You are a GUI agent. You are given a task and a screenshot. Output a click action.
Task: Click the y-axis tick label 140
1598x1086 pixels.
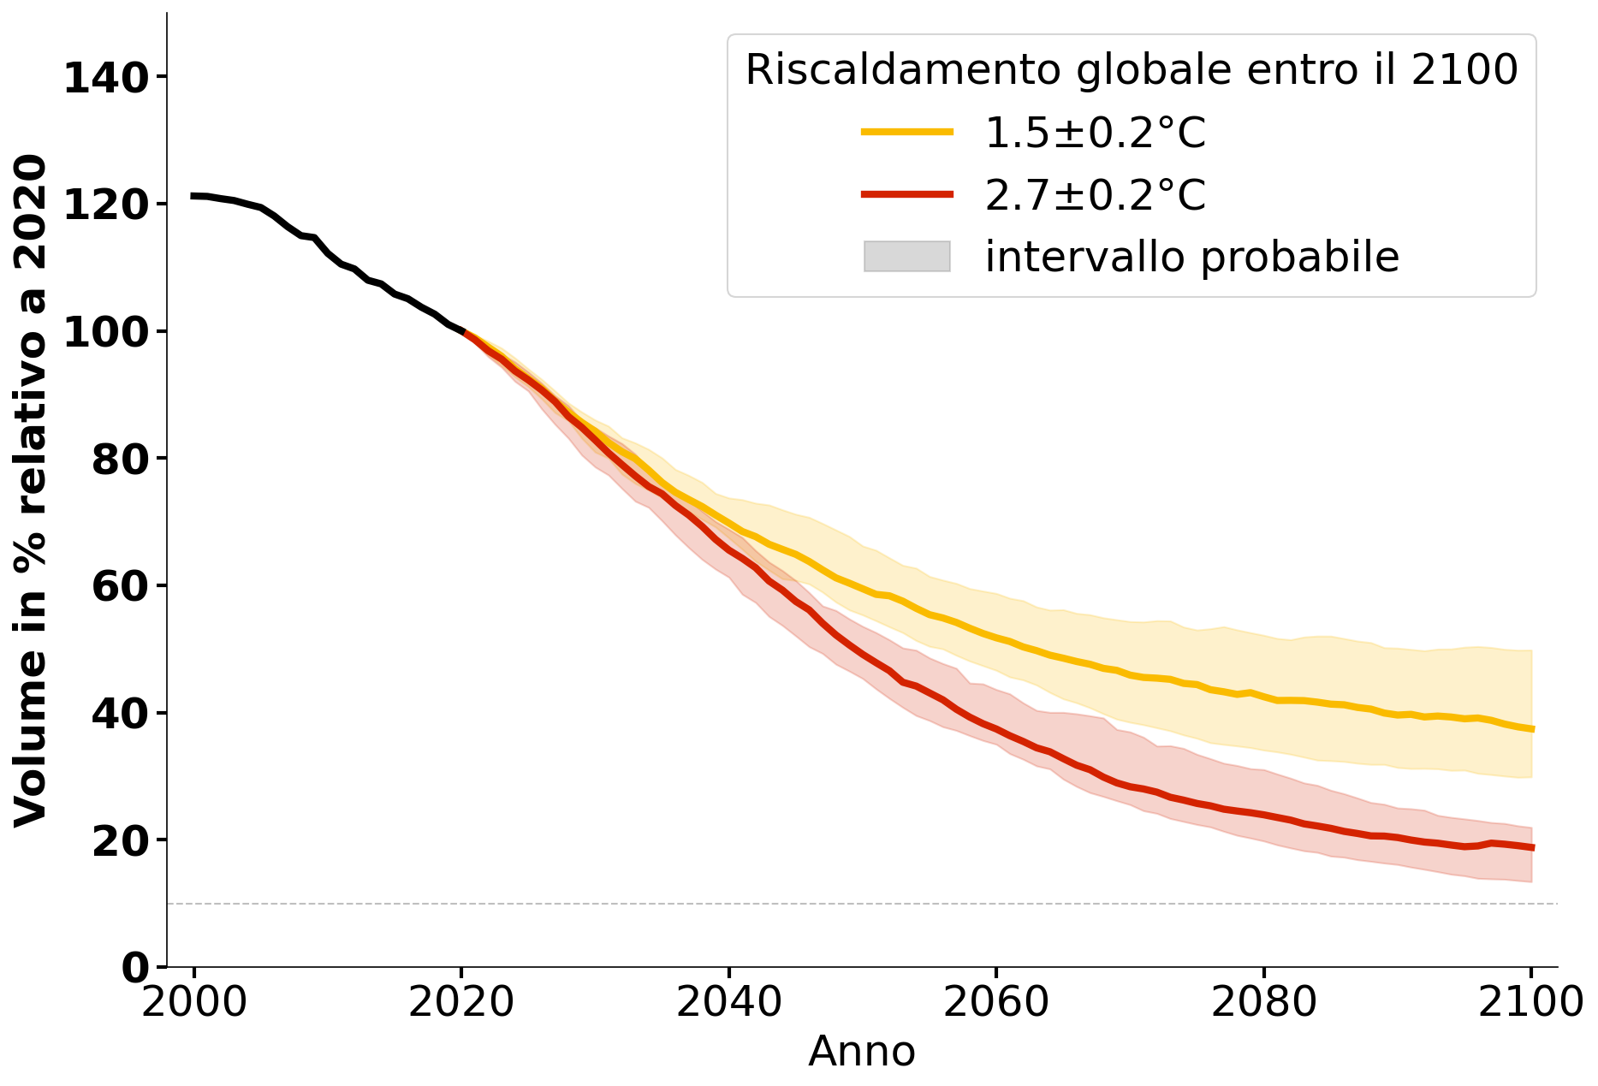point(106,79)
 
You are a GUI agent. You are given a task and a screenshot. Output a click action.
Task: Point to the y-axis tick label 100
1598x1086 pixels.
point(106,333)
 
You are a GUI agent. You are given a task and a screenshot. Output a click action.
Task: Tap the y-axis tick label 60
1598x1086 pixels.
point(117,587)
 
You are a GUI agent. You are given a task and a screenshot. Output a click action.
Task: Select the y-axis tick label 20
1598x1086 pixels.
point(117,842)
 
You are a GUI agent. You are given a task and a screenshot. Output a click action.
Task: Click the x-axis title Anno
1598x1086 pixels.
point(862,1052)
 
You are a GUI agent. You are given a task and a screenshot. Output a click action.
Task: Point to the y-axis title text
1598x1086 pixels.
point(31,490)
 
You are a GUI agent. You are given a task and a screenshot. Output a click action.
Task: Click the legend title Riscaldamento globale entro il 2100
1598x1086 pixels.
point(1132,69)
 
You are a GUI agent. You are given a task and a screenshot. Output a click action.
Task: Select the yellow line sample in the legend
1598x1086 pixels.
point(906,132)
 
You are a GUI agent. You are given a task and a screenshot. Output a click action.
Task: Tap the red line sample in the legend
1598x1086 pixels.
point(906,194)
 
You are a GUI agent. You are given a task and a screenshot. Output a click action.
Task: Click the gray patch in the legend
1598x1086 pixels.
point(906,257)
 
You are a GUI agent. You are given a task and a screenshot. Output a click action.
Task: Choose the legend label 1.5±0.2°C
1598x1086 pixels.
point(1096,133)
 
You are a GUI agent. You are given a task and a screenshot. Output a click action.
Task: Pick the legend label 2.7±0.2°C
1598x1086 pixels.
point(1096,195)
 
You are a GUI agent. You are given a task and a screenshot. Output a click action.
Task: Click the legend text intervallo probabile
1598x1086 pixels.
point(1191,257)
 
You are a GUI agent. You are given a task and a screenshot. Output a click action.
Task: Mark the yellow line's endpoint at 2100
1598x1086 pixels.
point(1531,729)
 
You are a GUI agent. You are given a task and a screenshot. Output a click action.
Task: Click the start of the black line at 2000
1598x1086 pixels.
point(194,196)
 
